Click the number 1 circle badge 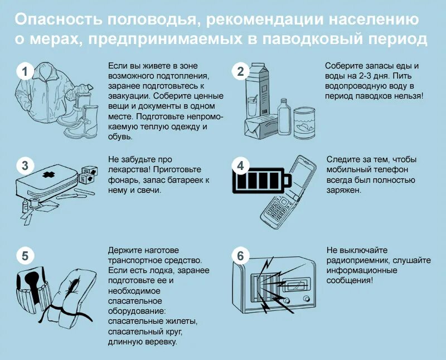tap(25, 71)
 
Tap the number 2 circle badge tap(240, 71)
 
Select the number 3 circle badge tap(25, 166)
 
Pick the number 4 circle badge tap(240, 166)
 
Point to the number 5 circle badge tap(25, 256)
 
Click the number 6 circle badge tap(240, 256)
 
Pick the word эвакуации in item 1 tap(126, 95)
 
